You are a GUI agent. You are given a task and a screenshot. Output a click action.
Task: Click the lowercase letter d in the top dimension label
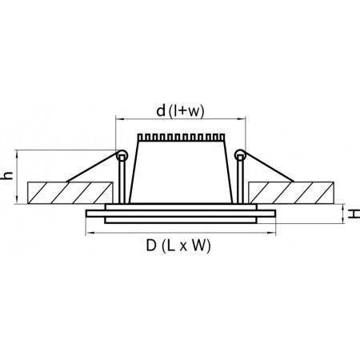161,110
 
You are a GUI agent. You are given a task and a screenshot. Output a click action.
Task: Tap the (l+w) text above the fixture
186,111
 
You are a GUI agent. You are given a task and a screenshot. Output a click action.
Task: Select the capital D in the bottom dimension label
151,245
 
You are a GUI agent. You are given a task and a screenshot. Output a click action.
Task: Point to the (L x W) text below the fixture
186,246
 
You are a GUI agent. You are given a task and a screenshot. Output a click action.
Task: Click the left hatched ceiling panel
70,193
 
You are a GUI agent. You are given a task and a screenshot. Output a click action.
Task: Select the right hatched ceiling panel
291,193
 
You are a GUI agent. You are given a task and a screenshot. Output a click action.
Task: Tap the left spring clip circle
122,155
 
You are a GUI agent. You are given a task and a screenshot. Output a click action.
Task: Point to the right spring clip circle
240,155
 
